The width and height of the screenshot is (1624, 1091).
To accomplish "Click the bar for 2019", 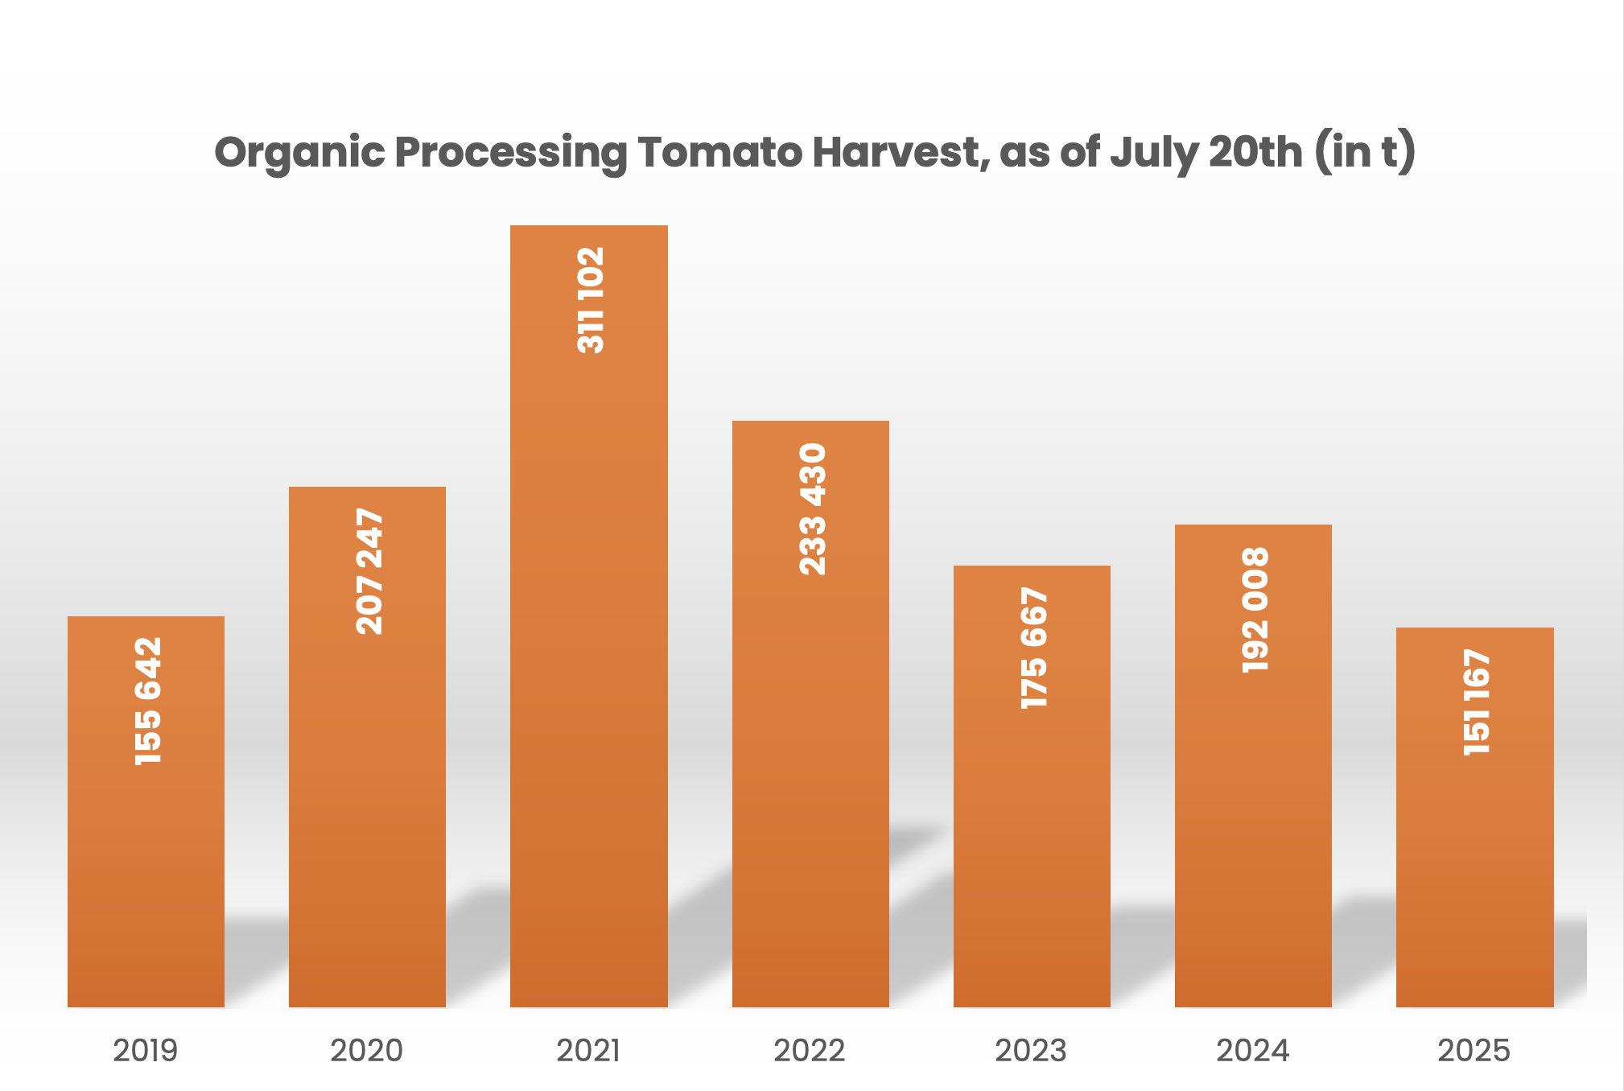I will click(x=146, y=885).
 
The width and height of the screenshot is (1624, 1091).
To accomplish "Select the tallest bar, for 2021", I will click(x=588, y=644).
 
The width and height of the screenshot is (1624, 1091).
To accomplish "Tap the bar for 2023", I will click(x=1032, y=845).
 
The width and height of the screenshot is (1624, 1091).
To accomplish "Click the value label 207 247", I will click(x=369, y=571).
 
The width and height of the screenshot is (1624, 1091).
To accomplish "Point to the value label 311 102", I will click(x=591, y=300).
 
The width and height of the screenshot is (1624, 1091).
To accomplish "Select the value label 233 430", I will click(x=812, y=508).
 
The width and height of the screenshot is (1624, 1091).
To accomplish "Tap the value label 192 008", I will click(x=1255, y=610).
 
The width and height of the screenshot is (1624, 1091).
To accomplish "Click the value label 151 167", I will click(x=1477, y=702).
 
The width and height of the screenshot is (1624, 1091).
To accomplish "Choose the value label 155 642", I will click(x=148, y=701).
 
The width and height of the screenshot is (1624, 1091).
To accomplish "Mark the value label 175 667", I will click(x=1034, y=648).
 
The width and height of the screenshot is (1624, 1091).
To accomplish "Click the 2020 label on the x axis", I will click(x=366, y=1051).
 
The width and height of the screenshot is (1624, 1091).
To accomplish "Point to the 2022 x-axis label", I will click(x=810, y=1051).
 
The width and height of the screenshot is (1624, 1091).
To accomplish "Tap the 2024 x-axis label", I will click(x=1252, y=1051).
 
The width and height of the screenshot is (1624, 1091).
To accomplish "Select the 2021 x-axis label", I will click(x=588, y=1051).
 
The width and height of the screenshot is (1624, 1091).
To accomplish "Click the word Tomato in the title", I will click(x=722, y=152).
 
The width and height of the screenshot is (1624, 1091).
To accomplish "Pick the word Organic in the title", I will click(x=299, y=154).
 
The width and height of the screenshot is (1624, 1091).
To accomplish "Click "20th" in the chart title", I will click(x=1255, y=152).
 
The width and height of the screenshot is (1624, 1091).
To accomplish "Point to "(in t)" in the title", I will click(x=1366, y=152).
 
